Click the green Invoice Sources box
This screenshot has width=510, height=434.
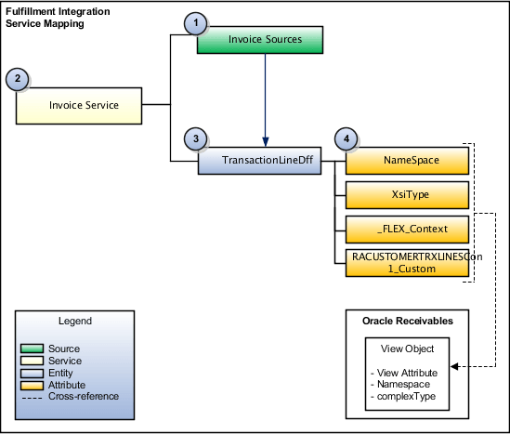[264, 39]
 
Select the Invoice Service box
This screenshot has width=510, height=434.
[83, 105]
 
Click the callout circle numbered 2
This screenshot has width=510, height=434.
[16, 79]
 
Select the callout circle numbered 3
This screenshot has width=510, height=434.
[194, 139]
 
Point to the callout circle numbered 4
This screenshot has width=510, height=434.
[347, 139]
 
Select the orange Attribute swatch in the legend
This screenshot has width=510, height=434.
[32, 384]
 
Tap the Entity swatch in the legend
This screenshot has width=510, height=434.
[32, 373]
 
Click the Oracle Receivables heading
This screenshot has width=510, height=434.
[407, 321]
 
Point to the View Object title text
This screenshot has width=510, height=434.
[407, 348]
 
